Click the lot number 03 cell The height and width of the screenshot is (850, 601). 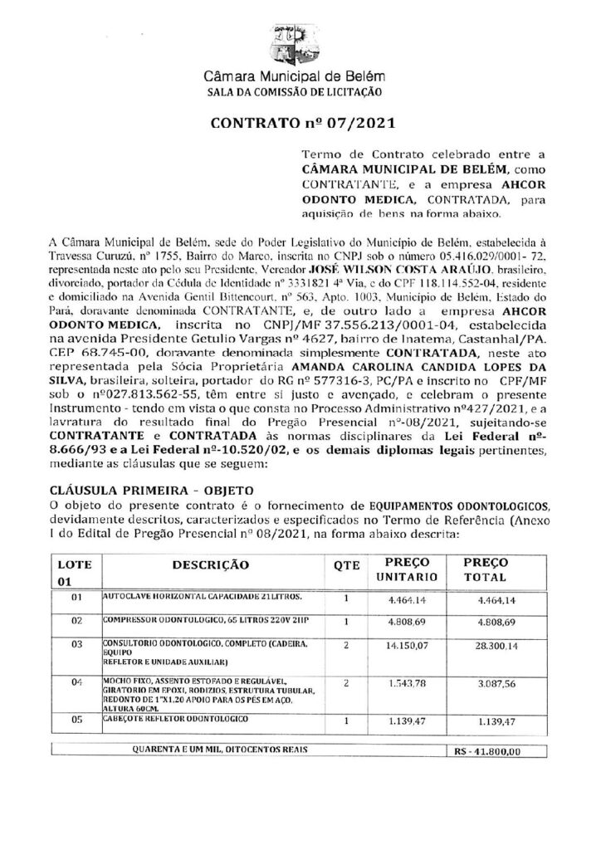pyautogui.click(x=77, y=643)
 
